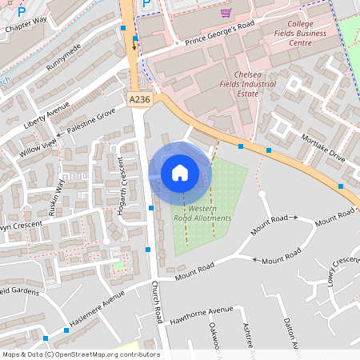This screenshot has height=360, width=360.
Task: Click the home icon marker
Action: click(180, 172)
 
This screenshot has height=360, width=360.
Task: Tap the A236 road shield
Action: click(139, 98)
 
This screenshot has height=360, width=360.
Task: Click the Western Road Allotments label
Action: click(203, 213)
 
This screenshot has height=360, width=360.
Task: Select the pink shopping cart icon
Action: click(226, 13)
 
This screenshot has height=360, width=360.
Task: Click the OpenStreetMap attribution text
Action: click(80, 354)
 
